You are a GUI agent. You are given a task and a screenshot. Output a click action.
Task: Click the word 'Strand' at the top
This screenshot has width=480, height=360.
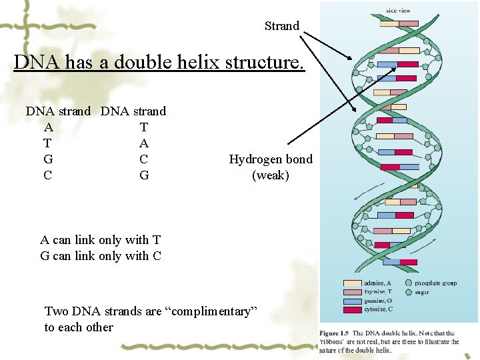[x=281, y=26]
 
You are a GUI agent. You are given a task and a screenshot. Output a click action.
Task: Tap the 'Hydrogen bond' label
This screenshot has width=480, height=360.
[x=270, y=159]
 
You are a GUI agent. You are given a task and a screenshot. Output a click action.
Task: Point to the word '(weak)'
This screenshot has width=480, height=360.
[x=270, y=175]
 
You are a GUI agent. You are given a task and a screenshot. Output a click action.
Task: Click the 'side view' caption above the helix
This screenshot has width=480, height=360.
[x=399, y=10]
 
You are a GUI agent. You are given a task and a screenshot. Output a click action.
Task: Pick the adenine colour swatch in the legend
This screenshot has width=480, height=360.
[x=353, y=283]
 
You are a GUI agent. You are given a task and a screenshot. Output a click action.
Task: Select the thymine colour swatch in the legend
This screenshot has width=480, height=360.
[x=353, y=292]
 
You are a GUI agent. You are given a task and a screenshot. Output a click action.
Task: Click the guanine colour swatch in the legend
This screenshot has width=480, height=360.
[x=353, y=301]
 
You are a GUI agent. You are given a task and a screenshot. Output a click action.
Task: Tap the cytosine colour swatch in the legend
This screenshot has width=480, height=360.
[x=353, y=309]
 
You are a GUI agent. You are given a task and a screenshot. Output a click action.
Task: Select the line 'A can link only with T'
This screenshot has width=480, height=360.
[x=100, y=240]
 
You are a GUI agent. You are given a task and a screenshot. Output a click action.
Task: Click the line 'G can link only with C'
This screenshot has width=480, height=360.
[x=100, y=255]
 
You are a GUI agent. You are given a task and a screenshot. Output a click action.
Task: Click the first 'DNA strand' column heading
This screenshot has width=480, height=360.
[x=58, y=111]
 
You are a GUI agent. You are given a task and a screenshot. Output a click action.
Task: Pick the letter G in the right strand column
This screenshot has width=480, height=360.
[x=144, y=175]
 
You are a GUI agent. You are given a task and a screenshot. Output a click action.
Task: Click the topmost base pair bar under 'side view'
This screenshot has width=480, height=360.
[x=399, y=23]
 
